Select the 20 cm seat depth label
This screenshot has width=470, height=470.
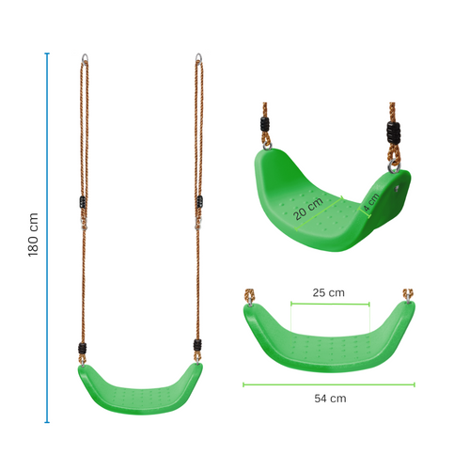pos(307,207)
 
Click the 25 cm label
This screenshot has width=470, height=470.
pos(328,292)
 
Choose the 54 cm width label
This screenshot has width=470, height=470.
pos(329,398)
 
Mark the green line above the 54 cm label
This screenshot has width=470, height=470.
pos(329,384)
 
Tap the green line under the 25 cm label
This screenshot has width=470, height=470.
pos(329,304)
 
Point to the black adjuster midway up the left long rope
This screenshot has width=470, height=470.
pos(80,202)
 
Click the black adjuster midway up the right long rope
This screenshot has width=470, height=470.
pos(198,201)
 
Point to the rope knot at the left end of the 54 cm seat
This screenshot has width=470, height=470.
pos(250,295)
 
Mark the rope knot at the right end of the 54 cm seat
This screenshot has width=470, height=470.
pos(408,295)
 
